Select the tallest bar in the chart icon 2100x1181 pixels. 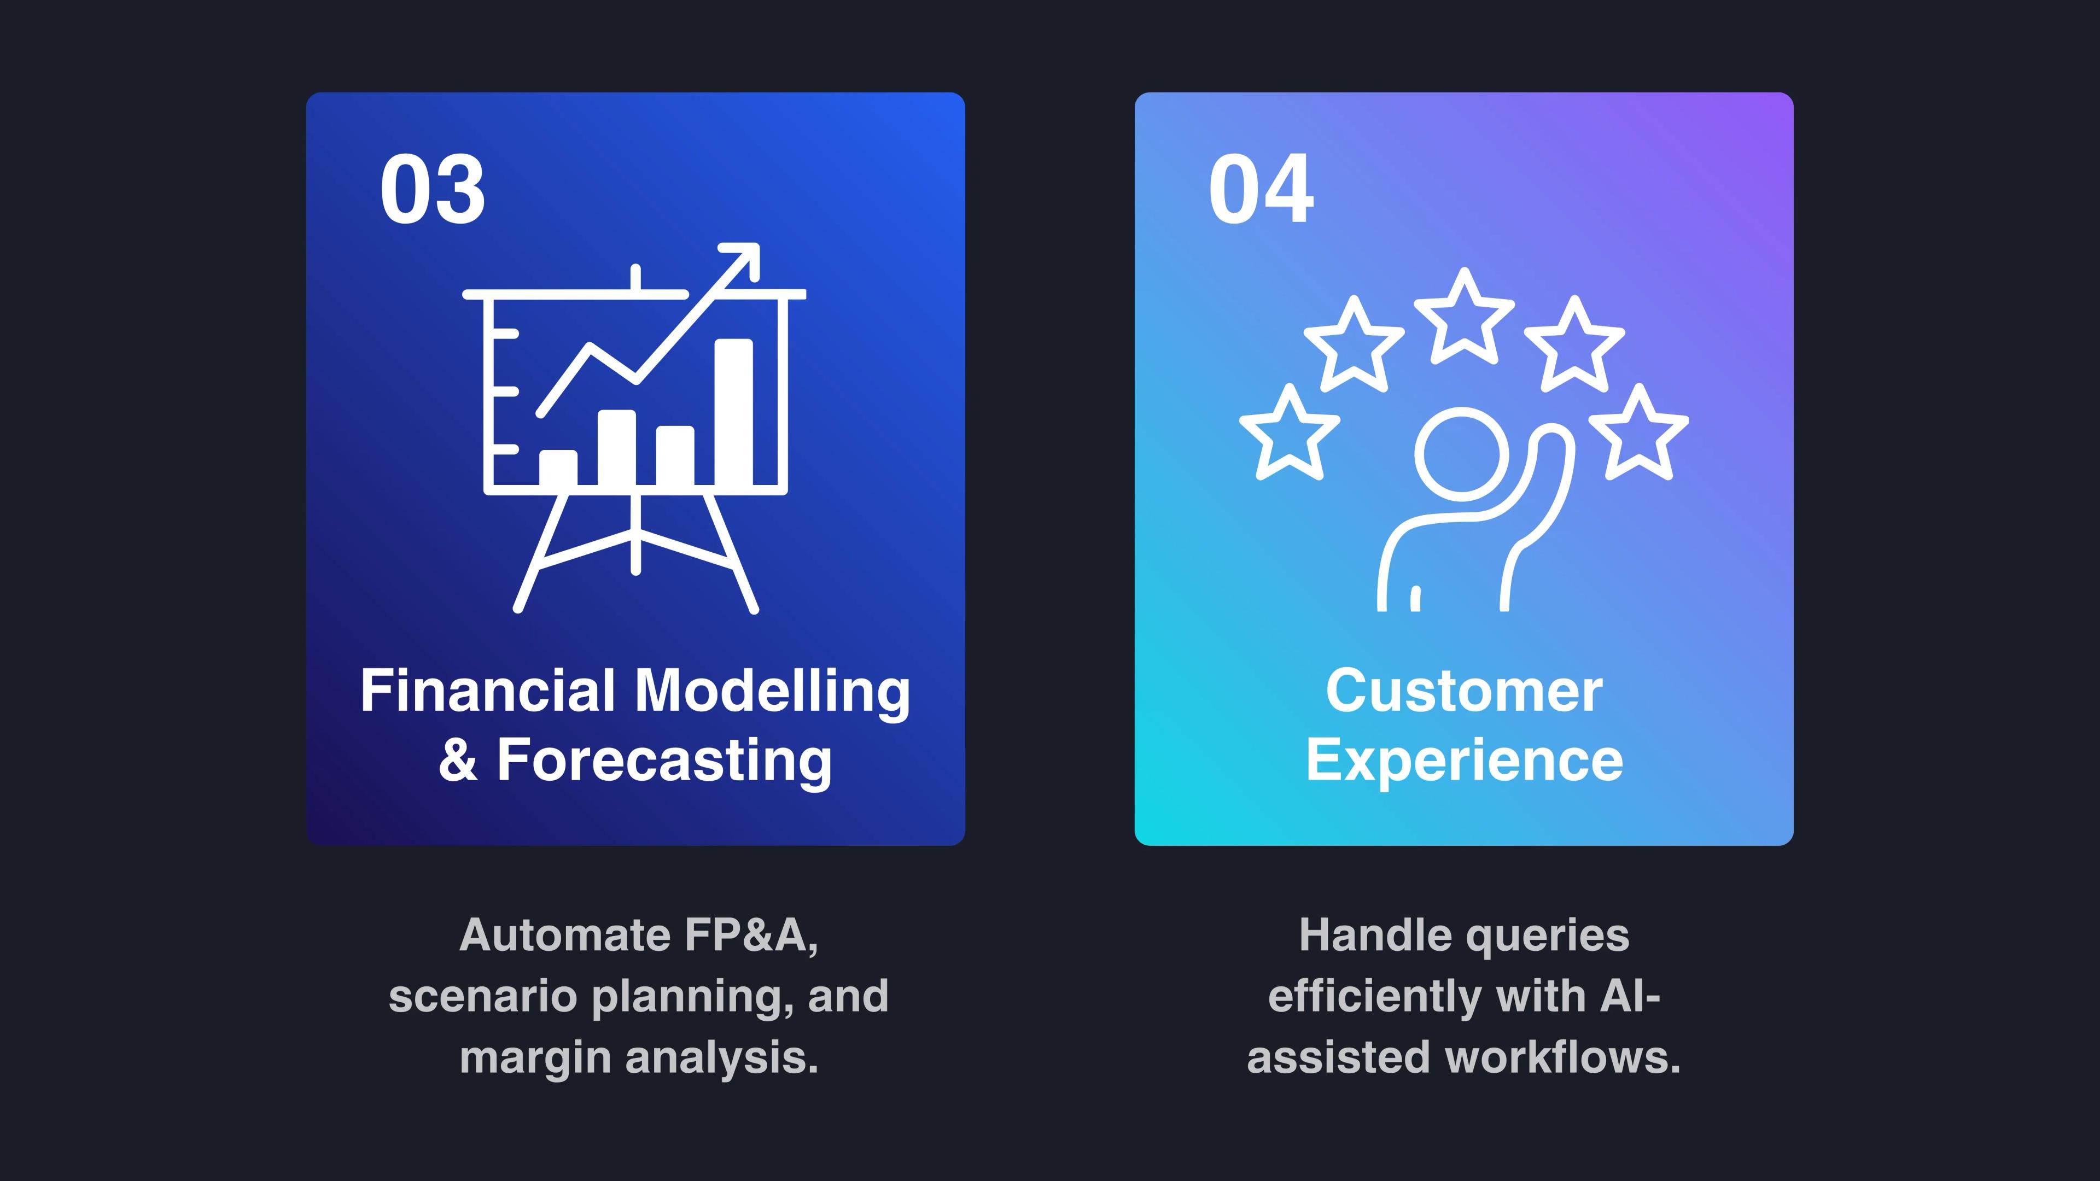(x=734, y=412)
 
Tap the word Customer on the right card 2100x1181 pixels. (x=1464, y=691)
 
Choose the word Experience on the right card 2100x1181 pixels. (x=1464, y=761)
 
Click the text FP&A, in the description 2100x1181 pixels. (x=751, y=935)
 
